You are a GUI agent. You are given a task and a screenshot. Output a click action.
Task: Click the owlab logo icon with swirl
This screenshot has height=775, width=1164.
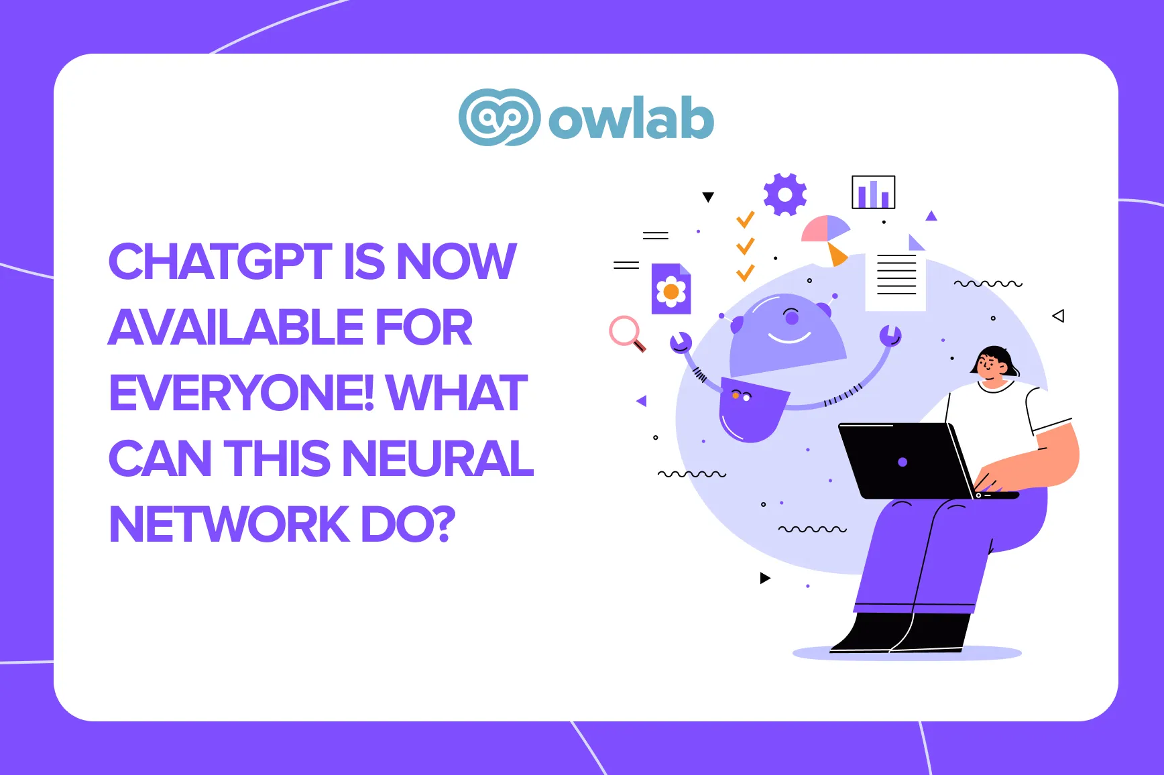(x=500, y=117)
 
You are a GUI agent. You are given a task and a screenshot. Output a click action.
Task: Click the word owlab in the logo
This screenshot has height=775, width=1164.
(x=631, y=118)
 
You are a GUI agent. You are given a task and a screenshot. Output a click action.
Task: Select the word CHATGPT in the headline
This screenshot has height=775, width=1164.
(x=220, y=261)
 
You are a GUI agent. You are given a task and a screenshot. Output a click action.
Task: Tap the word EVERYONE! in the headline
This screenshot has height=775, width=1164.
(x=241, y=393)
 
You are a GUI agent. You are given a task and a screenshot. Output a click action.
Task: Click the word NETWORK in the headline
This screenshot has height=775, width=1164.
(x=229, y=524)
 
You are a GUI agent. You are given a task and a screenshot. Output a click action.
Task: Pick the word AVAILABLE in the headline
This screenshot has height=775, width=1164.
(x=235, y=327)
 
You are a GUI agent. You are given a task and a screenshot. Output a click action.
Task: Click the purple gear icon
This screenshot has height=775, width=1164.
(x=784, y=194)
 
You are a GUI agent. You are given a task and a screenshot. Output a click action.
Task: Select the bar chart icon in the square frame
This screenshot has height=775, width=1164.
(x=873, y=192)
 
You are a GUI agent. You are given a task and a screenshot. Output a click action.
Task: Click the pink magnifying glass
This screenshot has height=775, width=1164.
(x=627, y=333)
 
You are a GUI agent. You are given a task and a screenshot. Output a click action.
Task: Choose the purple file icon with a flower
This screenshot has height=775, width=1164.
(x=671, y=289)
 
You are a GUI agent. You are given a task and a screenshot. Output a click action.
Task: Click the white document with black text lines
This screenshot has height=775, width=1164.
(x=896, y=278)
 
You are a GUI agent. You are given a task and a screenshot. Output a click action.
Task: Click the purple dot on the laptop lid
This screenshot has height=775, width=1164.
(x=903, y=462)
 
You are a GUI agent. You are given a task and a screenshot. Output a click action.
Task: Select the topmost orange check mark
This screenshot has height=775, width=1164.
(x=745, y=220)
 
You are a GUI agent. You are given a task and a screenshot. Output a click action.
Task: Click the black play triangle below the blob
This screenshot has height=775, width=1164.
(x=765, y=578)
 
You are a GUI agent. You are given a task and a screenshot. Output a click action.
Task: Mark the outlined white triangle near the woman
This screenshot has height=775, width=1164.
(x=1059, y=316)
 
